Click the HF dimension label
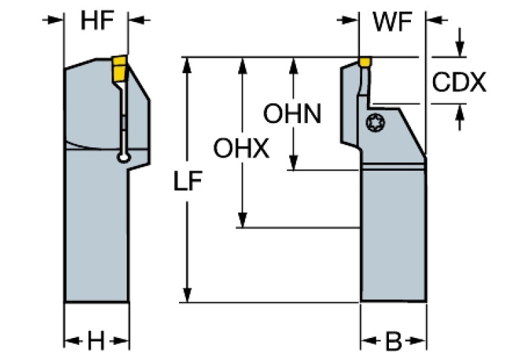(97, 21)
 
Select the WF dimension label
(392, 21)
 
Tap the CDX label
(459, 83)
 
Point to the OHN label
(293, 114)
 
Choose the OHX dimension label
(241, 149)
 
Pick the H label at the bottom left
(97, 339)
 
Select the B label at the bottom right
(393, 340)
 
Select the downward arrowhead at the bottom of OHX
(242, 221)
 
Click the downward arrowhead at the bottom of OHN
(294, 164)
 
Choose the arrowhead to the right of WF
(434, 21)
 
